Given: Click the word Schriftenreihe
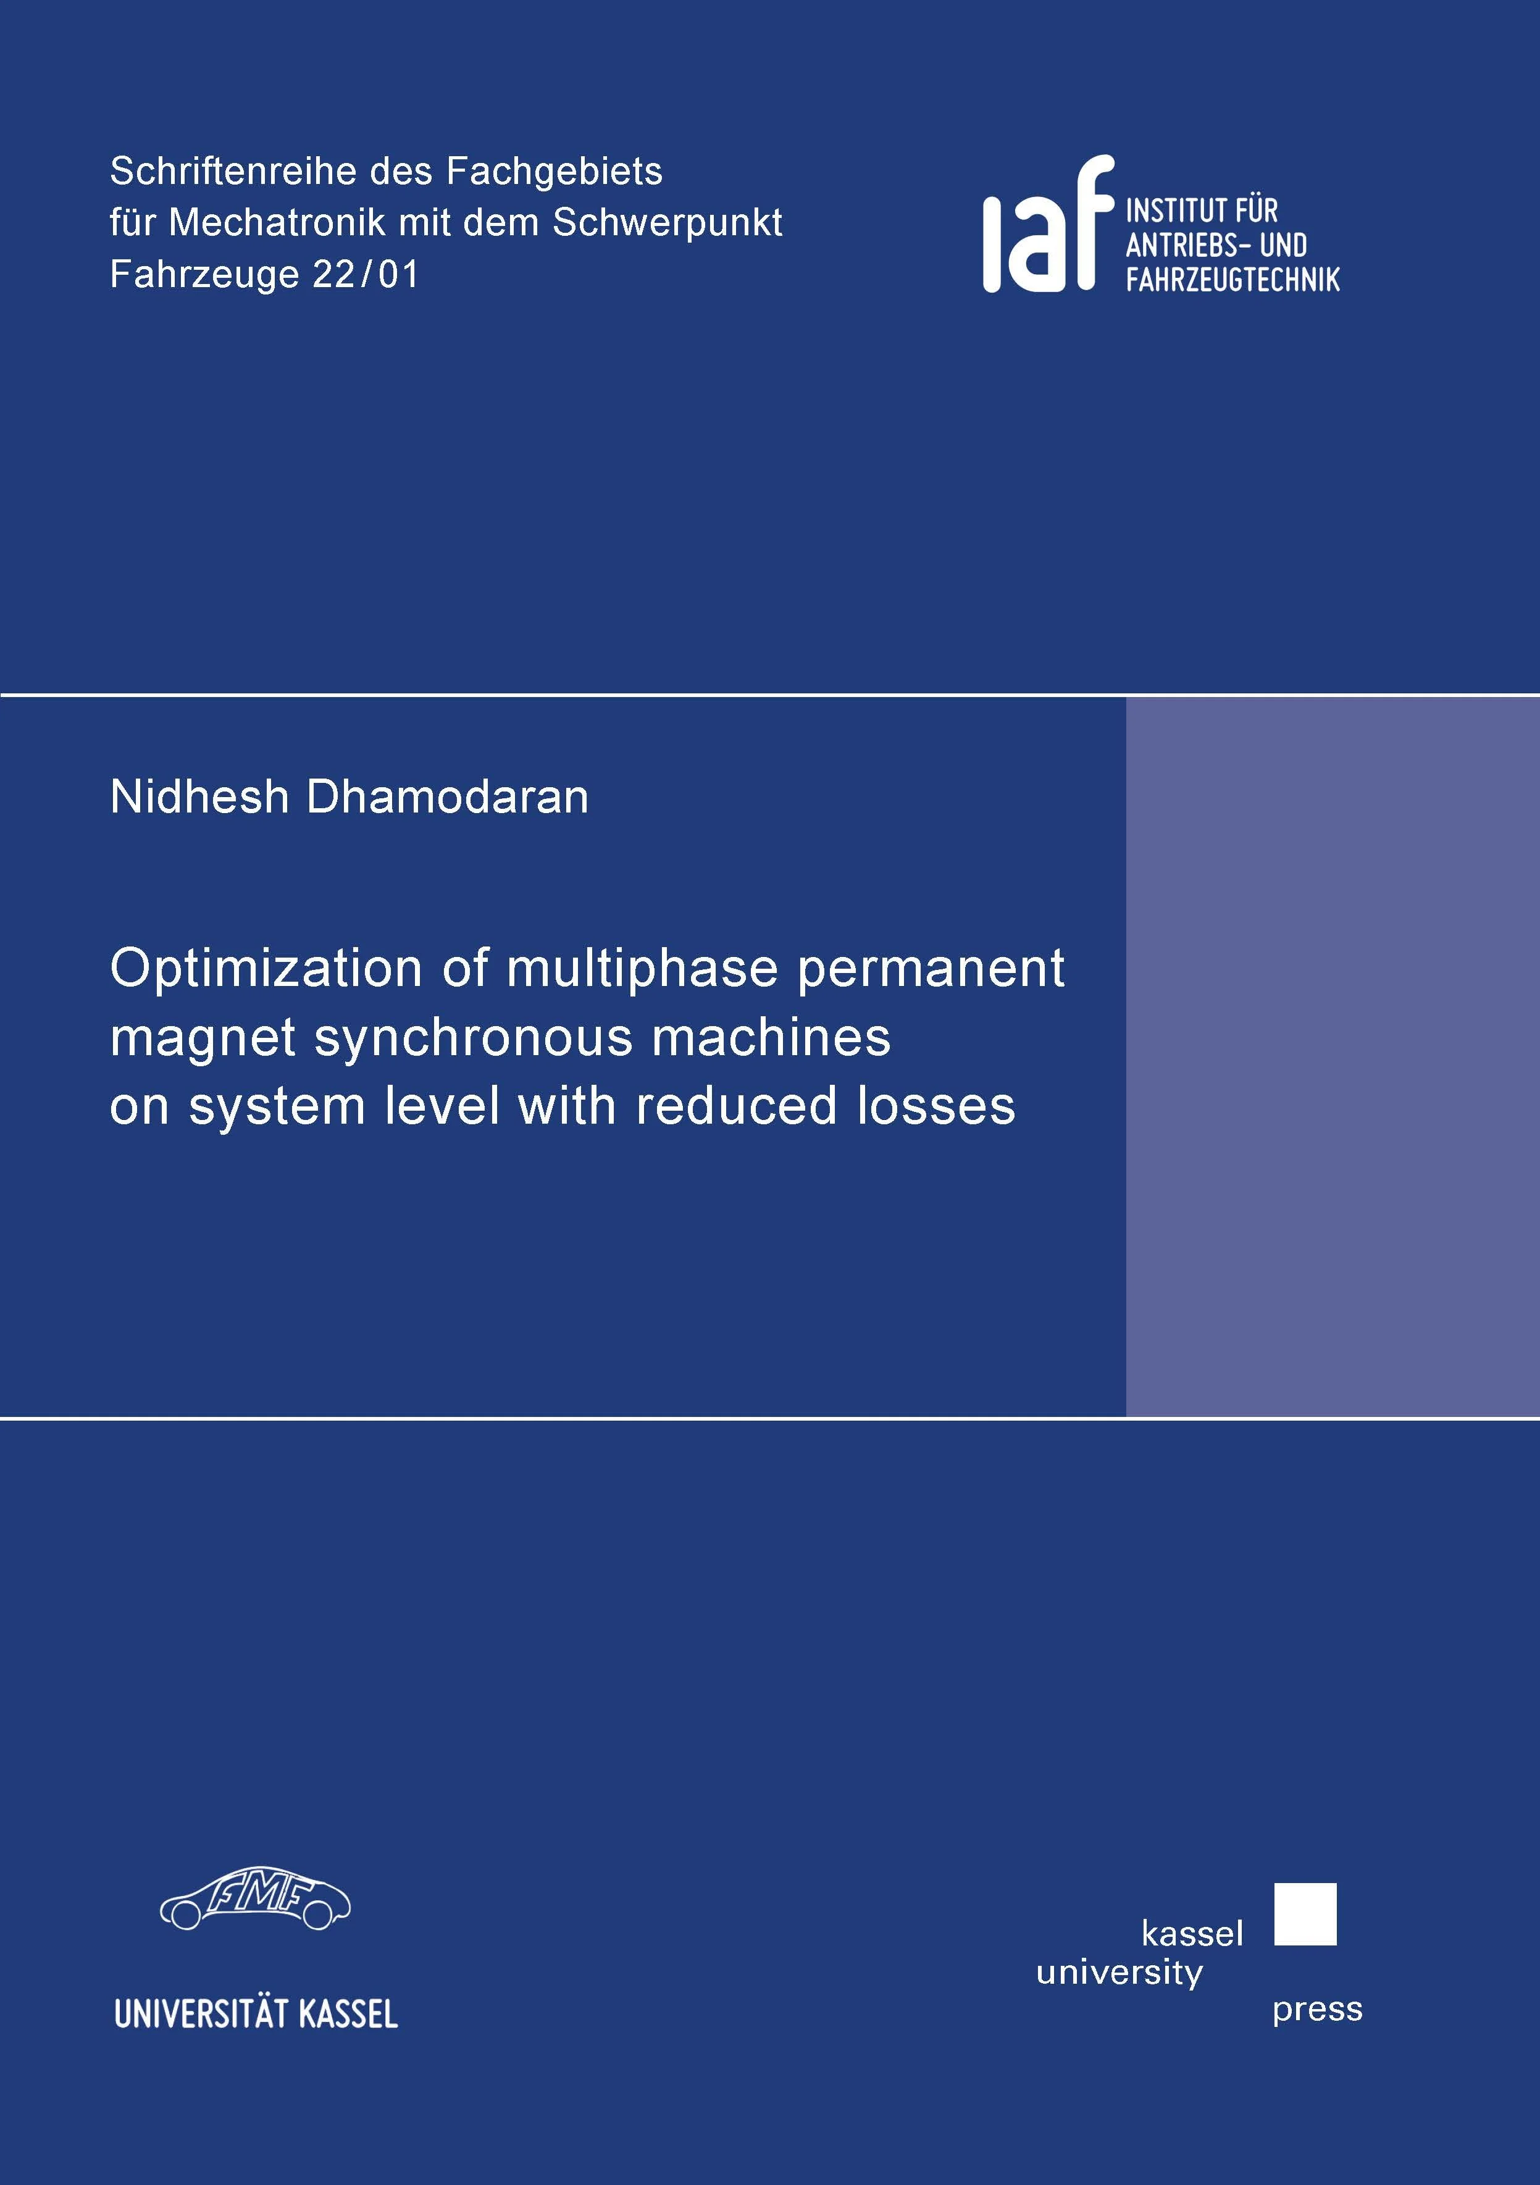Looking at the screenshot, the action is coord(233,171).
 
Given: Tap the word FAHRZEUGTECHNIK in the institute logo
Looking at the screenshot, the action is coord(1232,279).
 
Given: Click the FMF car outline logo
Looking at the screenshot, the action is coord(255,1899).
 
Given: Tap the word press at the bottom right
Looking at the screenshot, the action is coord(1317,2010).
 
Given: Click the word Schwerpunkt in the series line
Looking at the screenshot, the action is coord(667,223).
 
